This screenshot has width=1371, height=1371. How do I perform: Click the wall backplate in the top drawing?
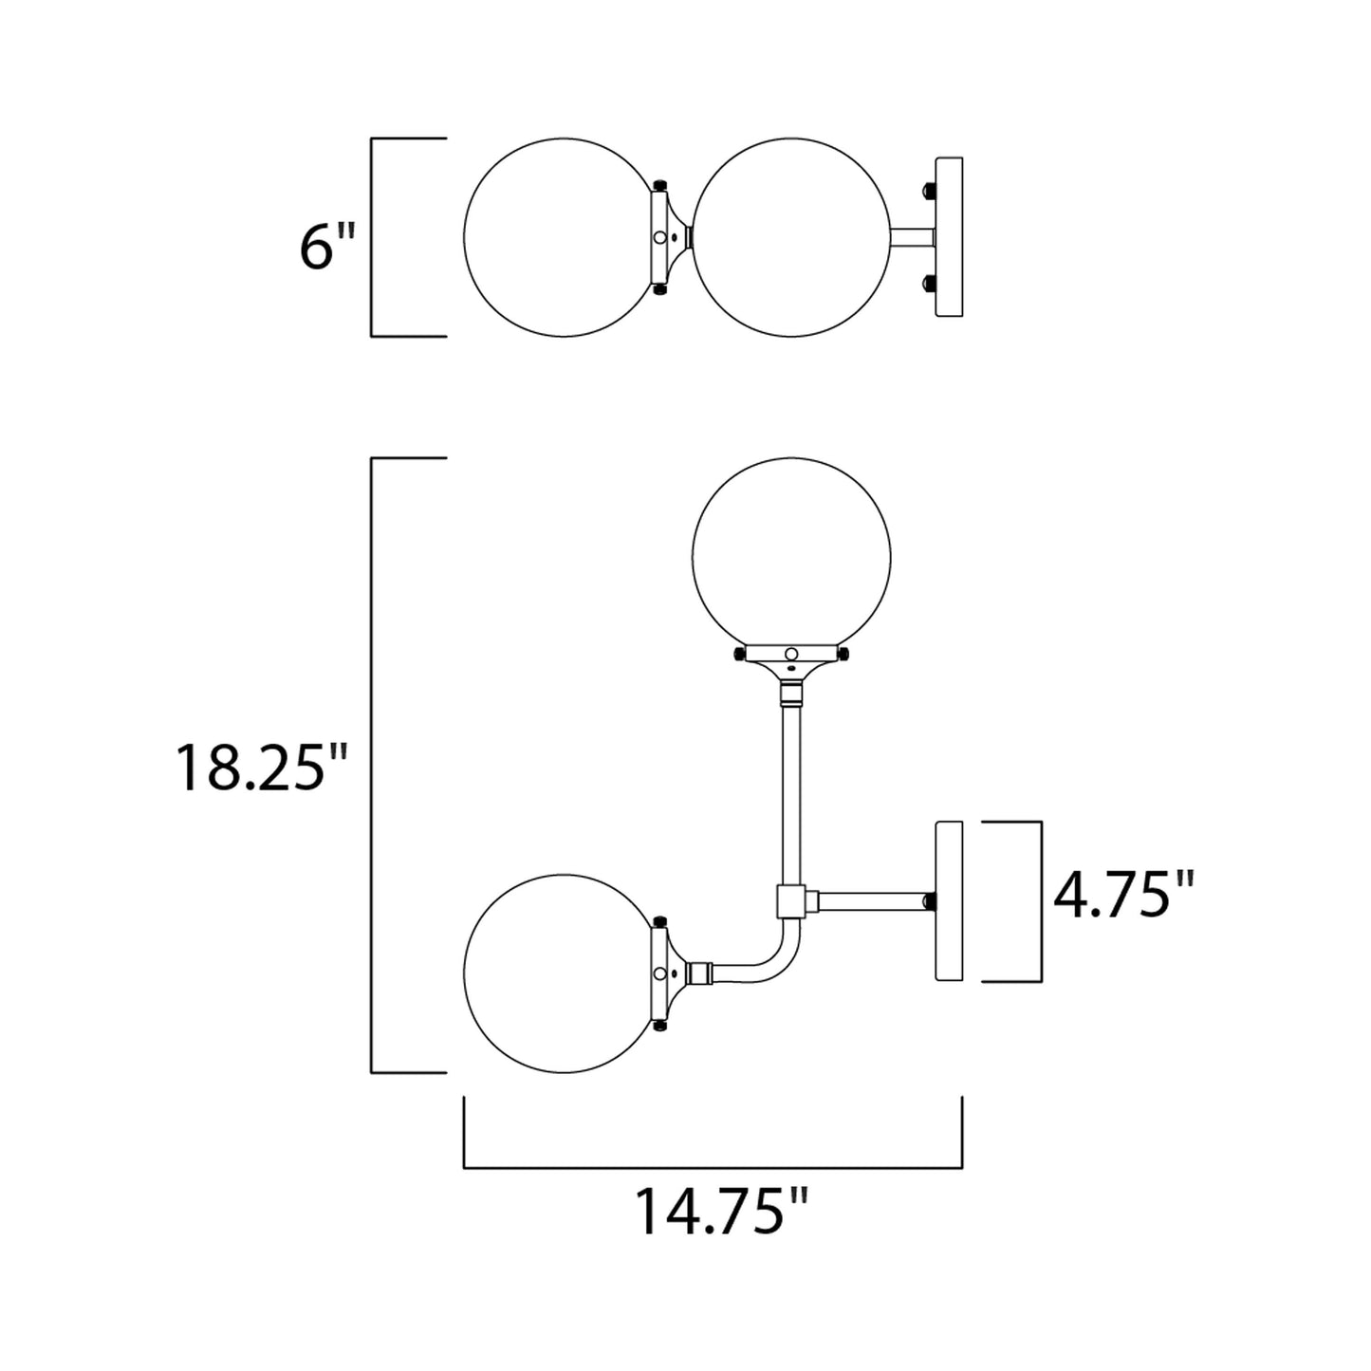949,237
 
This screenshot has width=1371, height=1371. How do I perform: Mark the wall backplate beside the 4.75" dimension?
949,900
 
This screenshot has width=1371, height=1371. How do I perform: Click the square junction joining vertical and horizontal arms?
790,900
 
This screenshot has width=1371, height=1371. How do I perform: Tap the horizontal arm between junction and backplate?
865,900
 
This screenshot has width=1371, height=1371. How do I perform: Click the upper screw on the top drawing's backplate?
928,191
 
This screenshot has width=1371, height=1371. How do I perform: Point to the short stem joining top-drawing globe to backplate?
913,237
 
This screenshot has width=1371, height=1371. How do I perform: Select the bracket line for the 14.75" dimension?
713,1167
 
